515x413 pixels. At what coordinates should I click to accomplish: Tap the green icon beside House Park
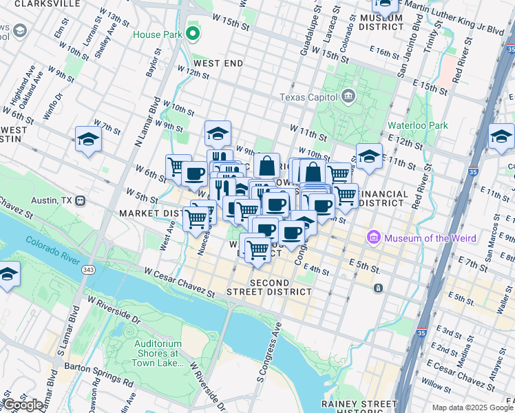[193, 33]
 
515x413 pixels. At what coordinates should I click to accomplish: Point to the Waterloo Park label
[417, 125]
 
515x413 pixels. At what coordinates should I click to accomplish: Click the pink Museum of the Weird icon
[374, 238]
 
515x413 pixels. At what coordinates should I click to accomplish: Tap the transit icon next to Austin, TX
[80, 201]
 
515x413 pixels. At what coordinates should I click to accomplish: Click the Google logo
[23, 405]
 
